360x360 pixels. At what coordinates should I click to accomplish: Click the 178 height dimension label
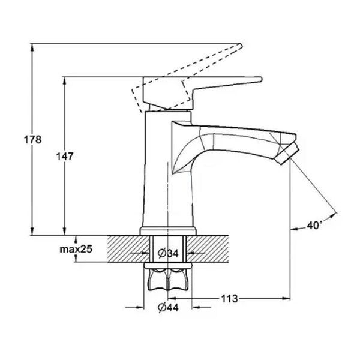click(33, 140)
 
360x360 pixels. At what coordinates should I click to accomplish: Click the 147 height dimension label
click(65, 157)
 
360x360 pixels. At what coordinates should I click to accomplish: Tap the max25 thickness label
click(76, 249)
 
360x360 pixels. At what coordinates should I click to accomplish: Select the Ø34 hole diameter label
click(168, 253)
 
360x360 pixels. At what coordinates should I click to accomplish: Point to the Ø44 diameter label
click(168, 308)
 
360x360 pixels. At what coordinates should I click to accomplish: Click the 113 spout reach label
click(229, 299)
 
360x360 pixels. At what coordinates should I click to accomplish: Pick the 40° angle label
click(314, 226)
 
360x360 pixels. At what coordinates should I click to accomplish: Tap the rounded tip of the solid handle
click(260, 79)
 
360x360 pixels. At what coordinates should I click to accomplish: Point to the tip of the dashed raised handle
click(241, 46)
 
